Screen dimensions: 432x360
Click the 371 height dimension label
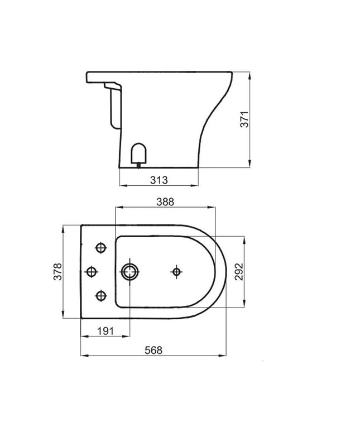tap(244, 118)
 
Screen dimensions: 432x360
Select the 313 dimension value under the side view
tap(160, 179)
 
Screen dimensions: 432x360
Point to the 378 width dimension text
tap(57, 272)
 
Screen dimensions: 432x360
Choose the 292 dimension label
tap(239, 272)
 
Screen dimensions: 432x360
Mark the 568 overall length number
tap(153, 350)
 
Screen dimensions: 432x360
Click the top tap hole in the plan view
tap(101, 248)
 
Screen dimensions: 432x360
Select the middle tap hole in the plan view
tap(91, 272)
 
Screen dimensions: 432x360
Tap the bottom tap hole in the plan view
tap(101, 295)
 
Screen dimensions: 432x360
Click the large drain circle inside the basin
tap(131, 272)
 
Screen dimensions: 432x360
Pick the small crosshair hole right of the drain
tap(176, 272)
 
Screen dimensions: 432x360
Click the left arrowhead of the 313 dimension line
tap(122, 185)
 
